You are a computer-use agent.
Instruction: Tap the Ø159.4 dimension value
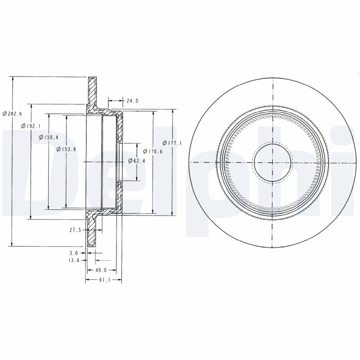[49, 137]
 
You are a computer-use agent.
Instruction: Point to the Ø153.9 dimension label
[66, 149]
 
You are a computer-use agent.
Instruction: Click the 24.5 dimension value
[132, 101]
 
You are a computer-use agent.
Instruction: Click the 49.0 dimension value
[101, 270]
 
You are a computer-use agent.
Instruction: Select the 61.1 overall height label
[104, 280]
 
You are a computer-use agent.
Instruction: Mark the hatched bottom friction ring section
[92, 232]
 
